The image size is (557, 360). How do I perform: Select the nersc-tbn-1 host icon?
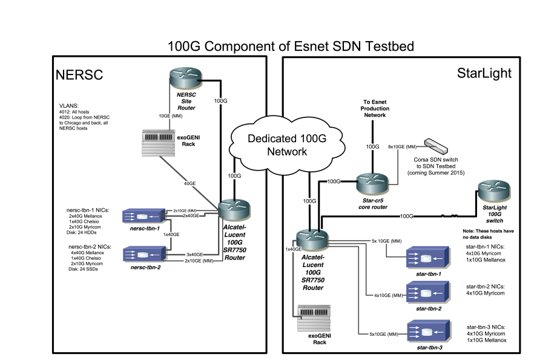143,216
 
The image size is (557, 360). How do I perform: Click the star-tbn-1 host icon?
427,260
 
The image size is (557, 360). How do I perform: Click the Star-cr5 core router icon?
371,182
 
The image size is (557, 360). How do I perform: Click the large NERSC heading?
80,74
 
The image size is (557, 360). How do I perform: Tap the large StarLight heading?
484,73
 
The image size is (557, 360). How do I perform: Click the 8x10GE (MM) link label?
403,146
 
